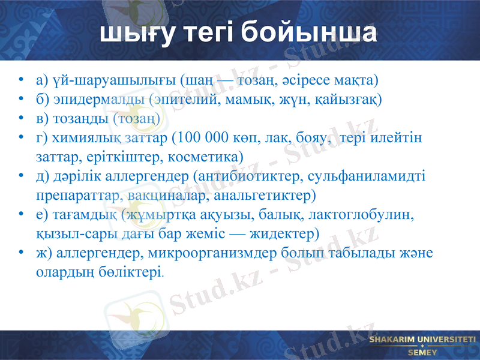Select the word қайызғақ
tap(351, 98)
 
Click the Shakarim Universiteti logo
tap(422, 345)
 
